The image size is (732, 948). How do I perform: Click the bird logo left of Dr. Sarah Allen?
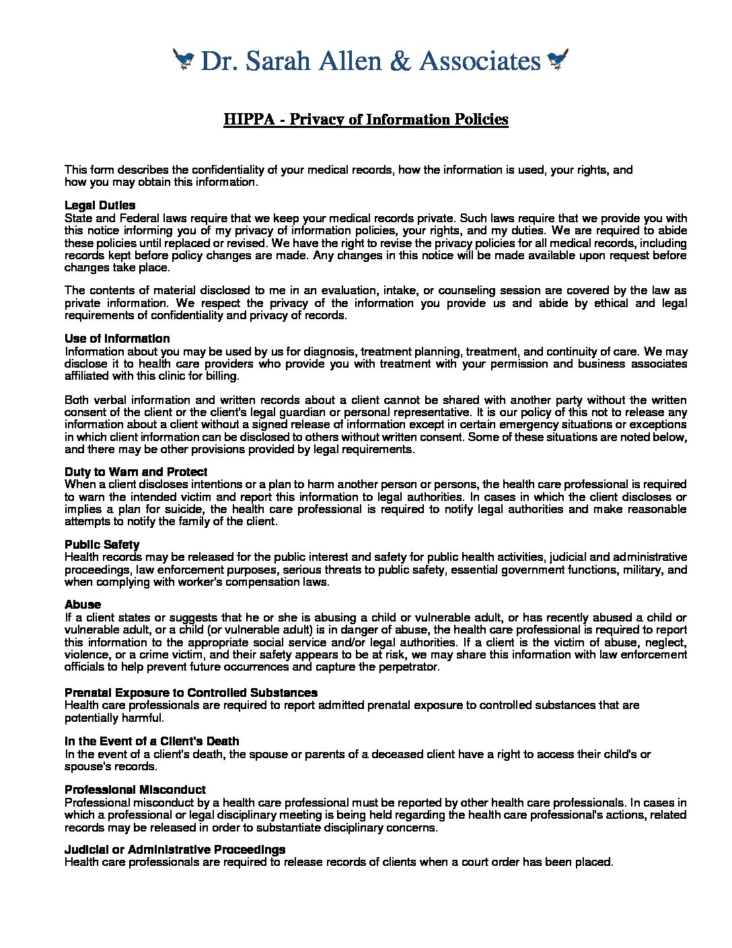(183, 60)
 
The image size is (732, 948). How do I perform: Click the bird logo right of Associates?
(558, 60)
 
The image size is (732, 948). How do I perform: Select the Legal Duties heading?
(100, 205)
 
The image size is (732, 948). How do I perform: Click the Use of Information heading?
(117, 339)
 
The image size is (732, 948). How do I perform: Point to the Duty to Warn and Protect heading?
(136, 472)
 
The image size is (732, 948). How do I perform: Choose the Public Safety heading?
(102, 545)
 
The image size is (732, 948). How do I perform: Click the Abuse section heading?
(83, 605)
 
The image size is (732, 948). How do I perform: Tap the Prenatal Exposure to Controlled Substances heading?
(191, 693)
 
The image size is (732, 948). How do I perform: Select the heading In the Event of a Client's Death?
(152, 741)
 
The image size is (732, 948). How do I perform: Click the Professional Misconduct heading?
(135, 790)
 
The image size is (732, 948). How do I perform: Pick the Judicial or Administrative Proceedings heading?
(175, 850)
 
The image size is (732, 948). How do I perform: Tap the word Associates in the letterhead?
(480, 61)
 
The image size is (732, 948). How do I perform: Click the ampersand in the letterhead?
(400, 61)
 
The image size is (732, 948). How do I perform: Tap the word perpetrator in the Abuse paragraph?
(406, 667)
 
